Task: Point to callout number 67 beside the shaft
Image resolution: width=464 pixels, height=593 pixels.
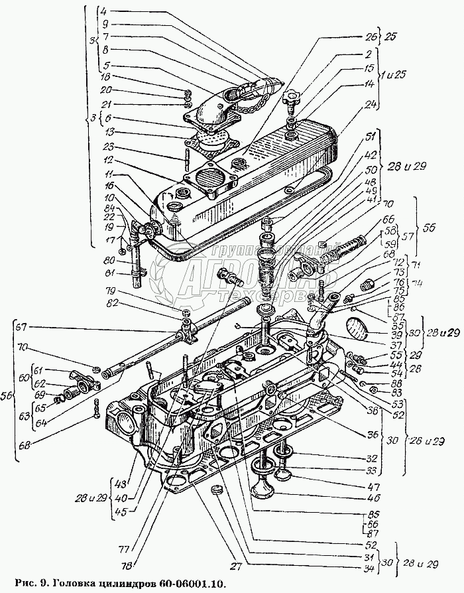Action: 23,326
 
